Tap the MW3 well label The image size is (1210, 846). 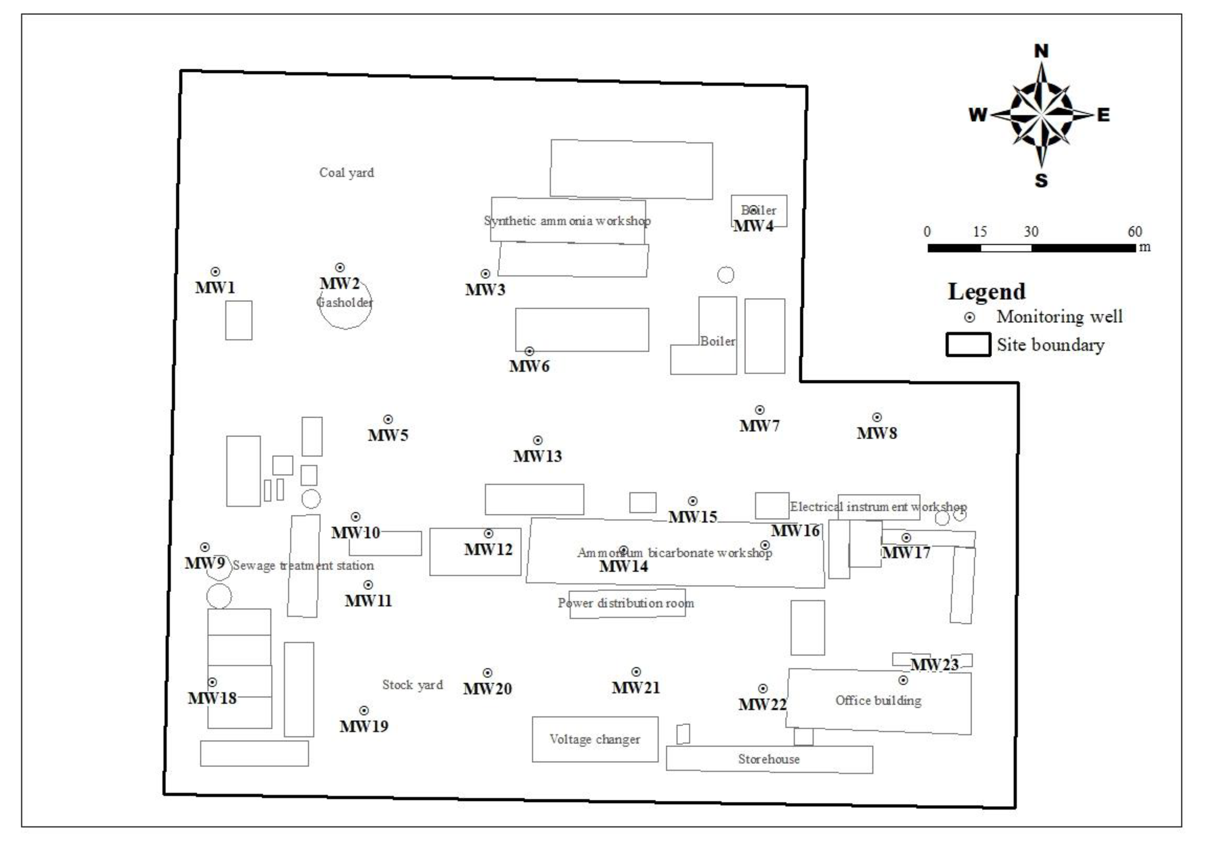pos(485,289)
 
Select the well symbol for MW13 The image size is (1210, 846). pos(538,440)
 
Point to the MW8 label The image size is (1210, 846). pos(876,433)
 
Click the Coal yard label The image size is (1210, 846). pos(346,173)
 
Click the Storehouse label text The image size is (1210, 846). pos(768,759)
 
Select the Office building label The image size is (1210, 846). pos(878,701)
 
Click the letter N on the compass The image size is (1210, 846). pos(1041,51)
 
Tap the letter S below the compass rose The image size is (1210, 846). pos(1041,181)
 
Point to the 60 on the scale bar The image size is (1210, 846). pos(1135,232)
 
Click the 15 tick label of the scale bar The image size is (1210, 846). pos(980,232)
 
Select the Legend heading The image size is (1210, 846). pos(987,292)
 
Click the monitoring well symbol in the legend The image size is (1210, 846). pos(969,317)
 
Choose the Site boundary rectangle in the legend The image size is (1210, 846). pos(968,345)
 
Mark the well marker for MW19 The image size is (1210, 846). pos(364,711)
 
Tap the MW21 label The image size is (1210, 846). pos(635,687)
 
